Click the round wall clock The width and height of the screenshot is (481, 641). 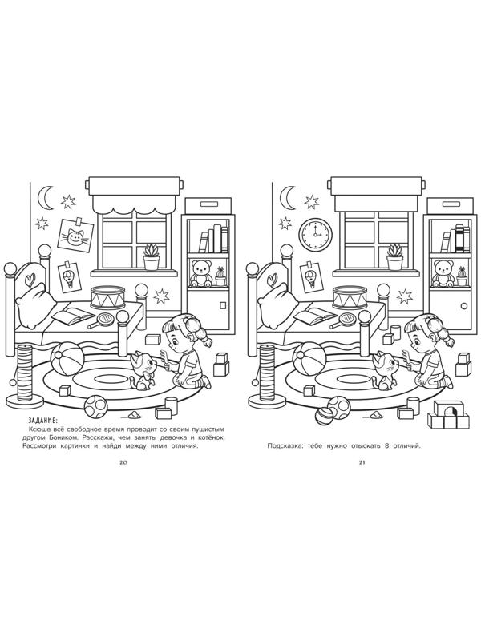click(316, 234)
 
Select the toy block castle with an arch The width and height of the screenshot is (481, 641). click(448, 414)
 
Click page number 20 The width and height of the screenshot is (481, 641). click(123, 463)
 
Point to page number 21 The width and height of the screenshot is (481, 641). click(362, 463)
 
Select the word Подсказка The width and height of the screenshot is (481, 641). click(284, 446)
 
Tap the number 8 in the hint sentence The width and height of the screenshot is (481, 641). click(386, 445)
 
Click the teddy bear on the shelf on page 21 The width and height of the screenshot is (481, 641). click(443, 273)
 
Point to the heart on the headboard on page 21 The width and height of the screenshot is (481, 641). click(272, 279)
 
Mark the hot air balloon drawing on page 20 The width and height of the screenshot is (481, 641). click(67, 277)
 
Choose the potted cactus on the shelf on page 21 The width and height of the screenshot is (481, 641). click(463, 276)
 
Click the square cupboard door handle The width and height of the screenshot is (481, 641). click(222, 305)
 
